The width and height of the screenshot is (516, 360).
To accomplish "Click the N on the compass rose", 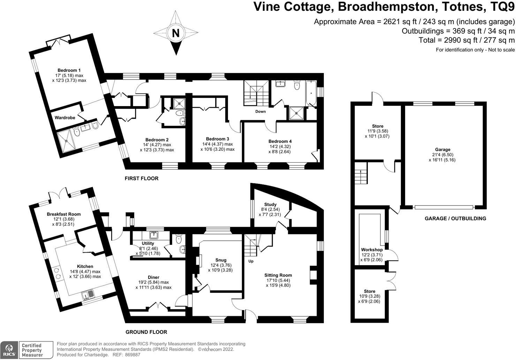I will click(176, 33).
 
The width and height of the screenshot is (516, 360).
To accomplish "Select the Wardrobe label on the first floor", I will click(65, 118).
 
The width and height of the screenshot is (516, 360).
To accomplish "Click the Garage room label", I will click(442, 150).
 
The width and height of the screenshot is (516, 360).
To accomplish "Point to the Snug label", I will click(221, 260).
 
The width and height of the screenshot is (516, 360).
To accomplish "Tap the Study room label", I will click(270, 204).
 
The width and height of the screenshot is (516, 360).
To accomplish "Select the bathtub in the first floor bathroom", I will click(311, 93).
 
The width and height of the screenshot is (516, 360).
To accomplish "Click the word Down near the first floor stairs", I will click(260, 112).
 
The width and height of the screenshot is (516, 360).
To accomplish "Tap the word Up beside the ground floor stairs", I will click(251, 261).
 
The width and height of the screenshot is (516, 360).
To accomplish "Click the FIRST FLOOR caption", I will click(142, 179).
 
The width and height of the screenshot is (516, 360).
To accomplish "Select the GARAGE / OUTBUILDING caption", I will click(455, 219).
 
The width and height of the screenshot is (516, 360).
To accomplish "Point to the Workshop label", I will click(372, 250).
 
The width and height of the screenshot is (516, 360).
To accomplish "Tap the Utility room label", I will click(148, 243).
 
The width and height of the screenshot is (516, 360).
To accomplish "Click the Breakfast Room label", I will click(64, 214).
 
